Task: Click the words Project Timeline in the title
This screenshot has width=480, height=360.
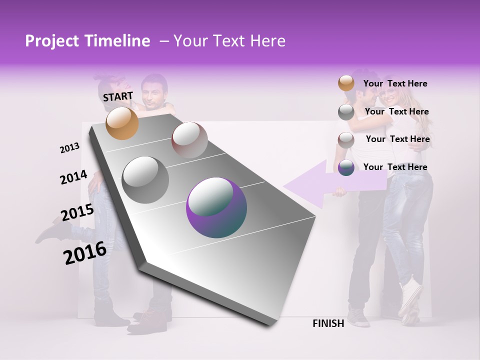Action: click(x=87, y=41)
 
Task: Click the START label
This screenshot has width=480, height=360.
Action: click(x=118, y=96)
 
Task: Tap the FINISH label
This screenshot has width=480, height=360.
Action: click(x=328, y=323)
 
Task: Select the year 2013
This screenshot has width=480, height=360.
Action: click(x=69, y=148)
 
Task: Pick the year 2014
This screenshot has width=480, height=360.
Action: click(x=73, y=177)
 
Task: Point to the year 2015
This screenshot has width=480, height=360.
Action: click(x=77, y=212)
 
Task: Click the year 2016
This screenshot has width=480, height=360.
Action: click(x=85, y=252)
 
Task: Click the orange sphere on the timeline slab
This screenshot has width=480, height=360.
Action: click(x=122, y=123)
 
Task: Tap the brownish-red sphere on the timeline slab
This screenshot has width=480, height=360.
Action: click(x=189, y=140)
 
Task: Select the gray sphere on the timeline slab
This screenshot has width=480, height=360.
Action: click(x=145, y=179)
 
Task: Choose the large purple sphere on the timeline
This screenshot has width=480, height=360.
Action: click(x=216, y=207)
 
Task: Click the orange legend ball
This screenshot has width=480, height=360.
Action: click(x=346, y=83)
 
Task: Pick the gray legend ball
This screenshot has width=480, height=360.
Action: click(x=346, y=112)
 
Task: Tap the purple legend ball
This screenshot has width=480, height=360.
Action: click(x=346, y=168)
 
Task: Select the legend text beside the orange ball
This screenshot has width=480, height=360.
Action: click(x=395, y=84)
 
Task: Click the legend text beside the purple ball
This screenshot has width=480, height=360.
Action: click(x=395, y=167)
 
